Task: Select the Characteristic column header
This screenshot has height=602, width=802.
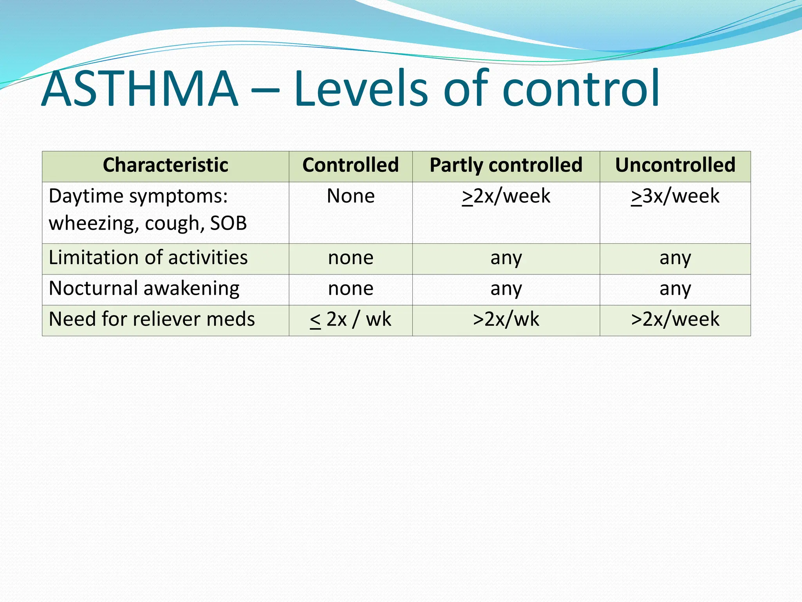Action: [x=165, y=165]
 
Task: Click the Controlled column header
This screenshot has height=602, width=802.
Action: [x=350, y=165]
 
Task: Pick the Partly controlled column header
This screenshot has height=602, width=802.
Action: [x=506, y=165]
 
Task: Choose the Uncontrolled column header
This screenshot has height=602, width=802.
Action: [x=675, y=165]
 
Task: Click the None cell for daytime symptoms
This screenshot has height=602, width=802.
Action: [x=350, y=196]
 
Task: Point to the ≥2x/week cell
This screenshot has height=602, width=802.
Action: [x=506, y=196]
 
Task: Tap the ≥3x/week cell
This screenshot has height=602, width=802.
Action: [x=675, y=196]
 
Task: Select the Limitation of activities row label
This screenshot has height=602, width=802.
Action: [x=148, y=258]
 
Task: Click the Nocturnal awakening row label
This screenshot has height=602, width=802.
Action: [x=144, y=288]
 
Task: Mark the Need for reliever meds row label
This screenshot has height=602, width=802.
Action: [x=152, y=319]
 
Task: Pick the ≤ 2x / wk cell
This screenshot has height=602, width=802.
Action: [x=350, y=319]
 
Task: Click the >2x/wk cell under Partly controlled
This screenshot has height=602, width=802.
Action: [x=506, y=319]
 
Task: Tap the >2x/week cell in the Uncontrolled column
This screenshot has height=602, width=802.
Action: [x=675, y=319]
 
